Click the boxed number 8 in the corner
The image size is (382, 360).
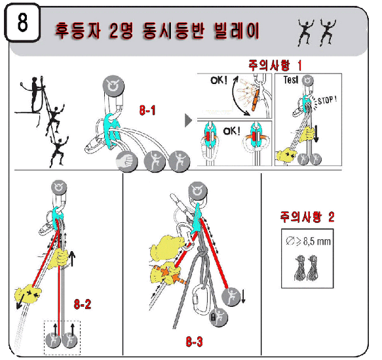point(22,22)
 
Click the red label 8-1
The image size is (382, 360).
point(147,110)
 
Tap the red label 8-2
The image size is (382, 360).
point(83,304)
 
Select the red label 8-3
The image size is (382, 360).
point(194,342)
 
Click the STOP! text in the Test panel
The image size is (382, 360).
point(328,100)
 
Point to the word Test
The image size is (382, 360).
point(291,80)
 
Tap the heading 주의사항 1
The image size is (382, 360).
point(275,66)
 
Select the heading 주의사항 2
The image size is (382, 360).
point(307,216)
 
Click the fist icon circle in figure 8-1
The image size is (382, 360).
point(126,161)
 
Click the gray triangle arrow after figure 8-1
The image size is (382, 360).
point(188,120)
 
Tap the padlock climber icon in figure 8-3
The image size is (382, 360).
point(219,317)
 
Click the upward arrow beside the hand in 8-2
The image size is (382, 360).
point(72,258)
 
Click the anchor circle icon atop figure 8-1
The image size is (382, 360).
point(113,86)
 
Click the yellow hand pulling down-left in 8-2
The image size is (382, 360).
point(28,294)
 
